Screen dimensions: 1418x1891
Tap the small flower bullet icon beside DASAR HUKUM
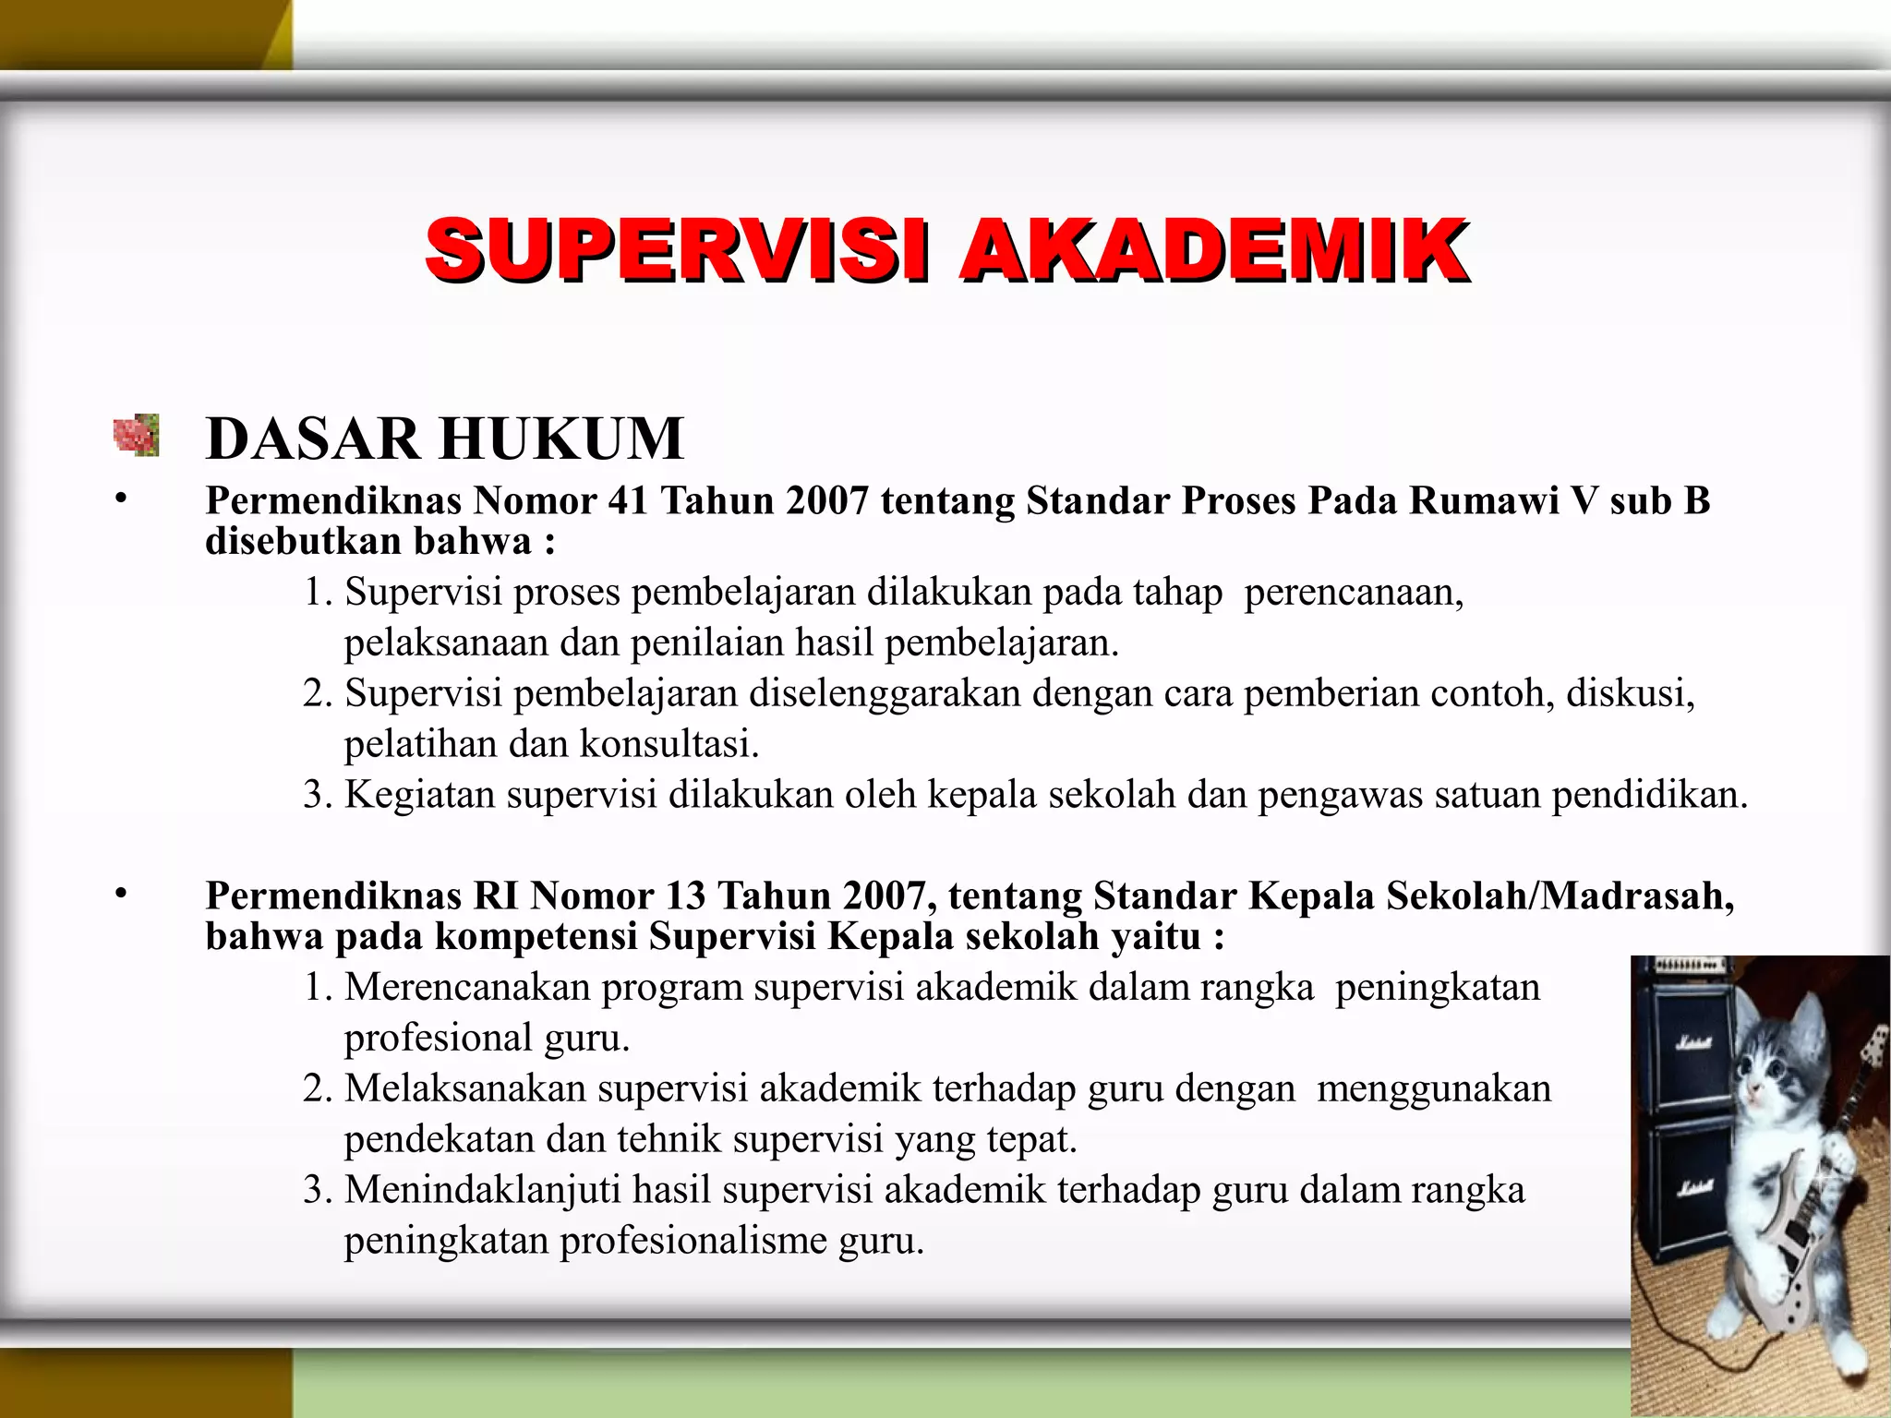pyautogui.click(x=137, y=435)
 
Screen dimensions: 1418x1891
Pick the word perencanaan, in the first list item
pyautogui.click(x=1354, y=592)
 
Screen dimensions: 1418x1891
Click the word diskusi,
pyautogui.click(x=1631, y=692)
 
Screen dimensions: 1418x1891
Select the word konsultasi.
pyautogui.click(x=668, y=743)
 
